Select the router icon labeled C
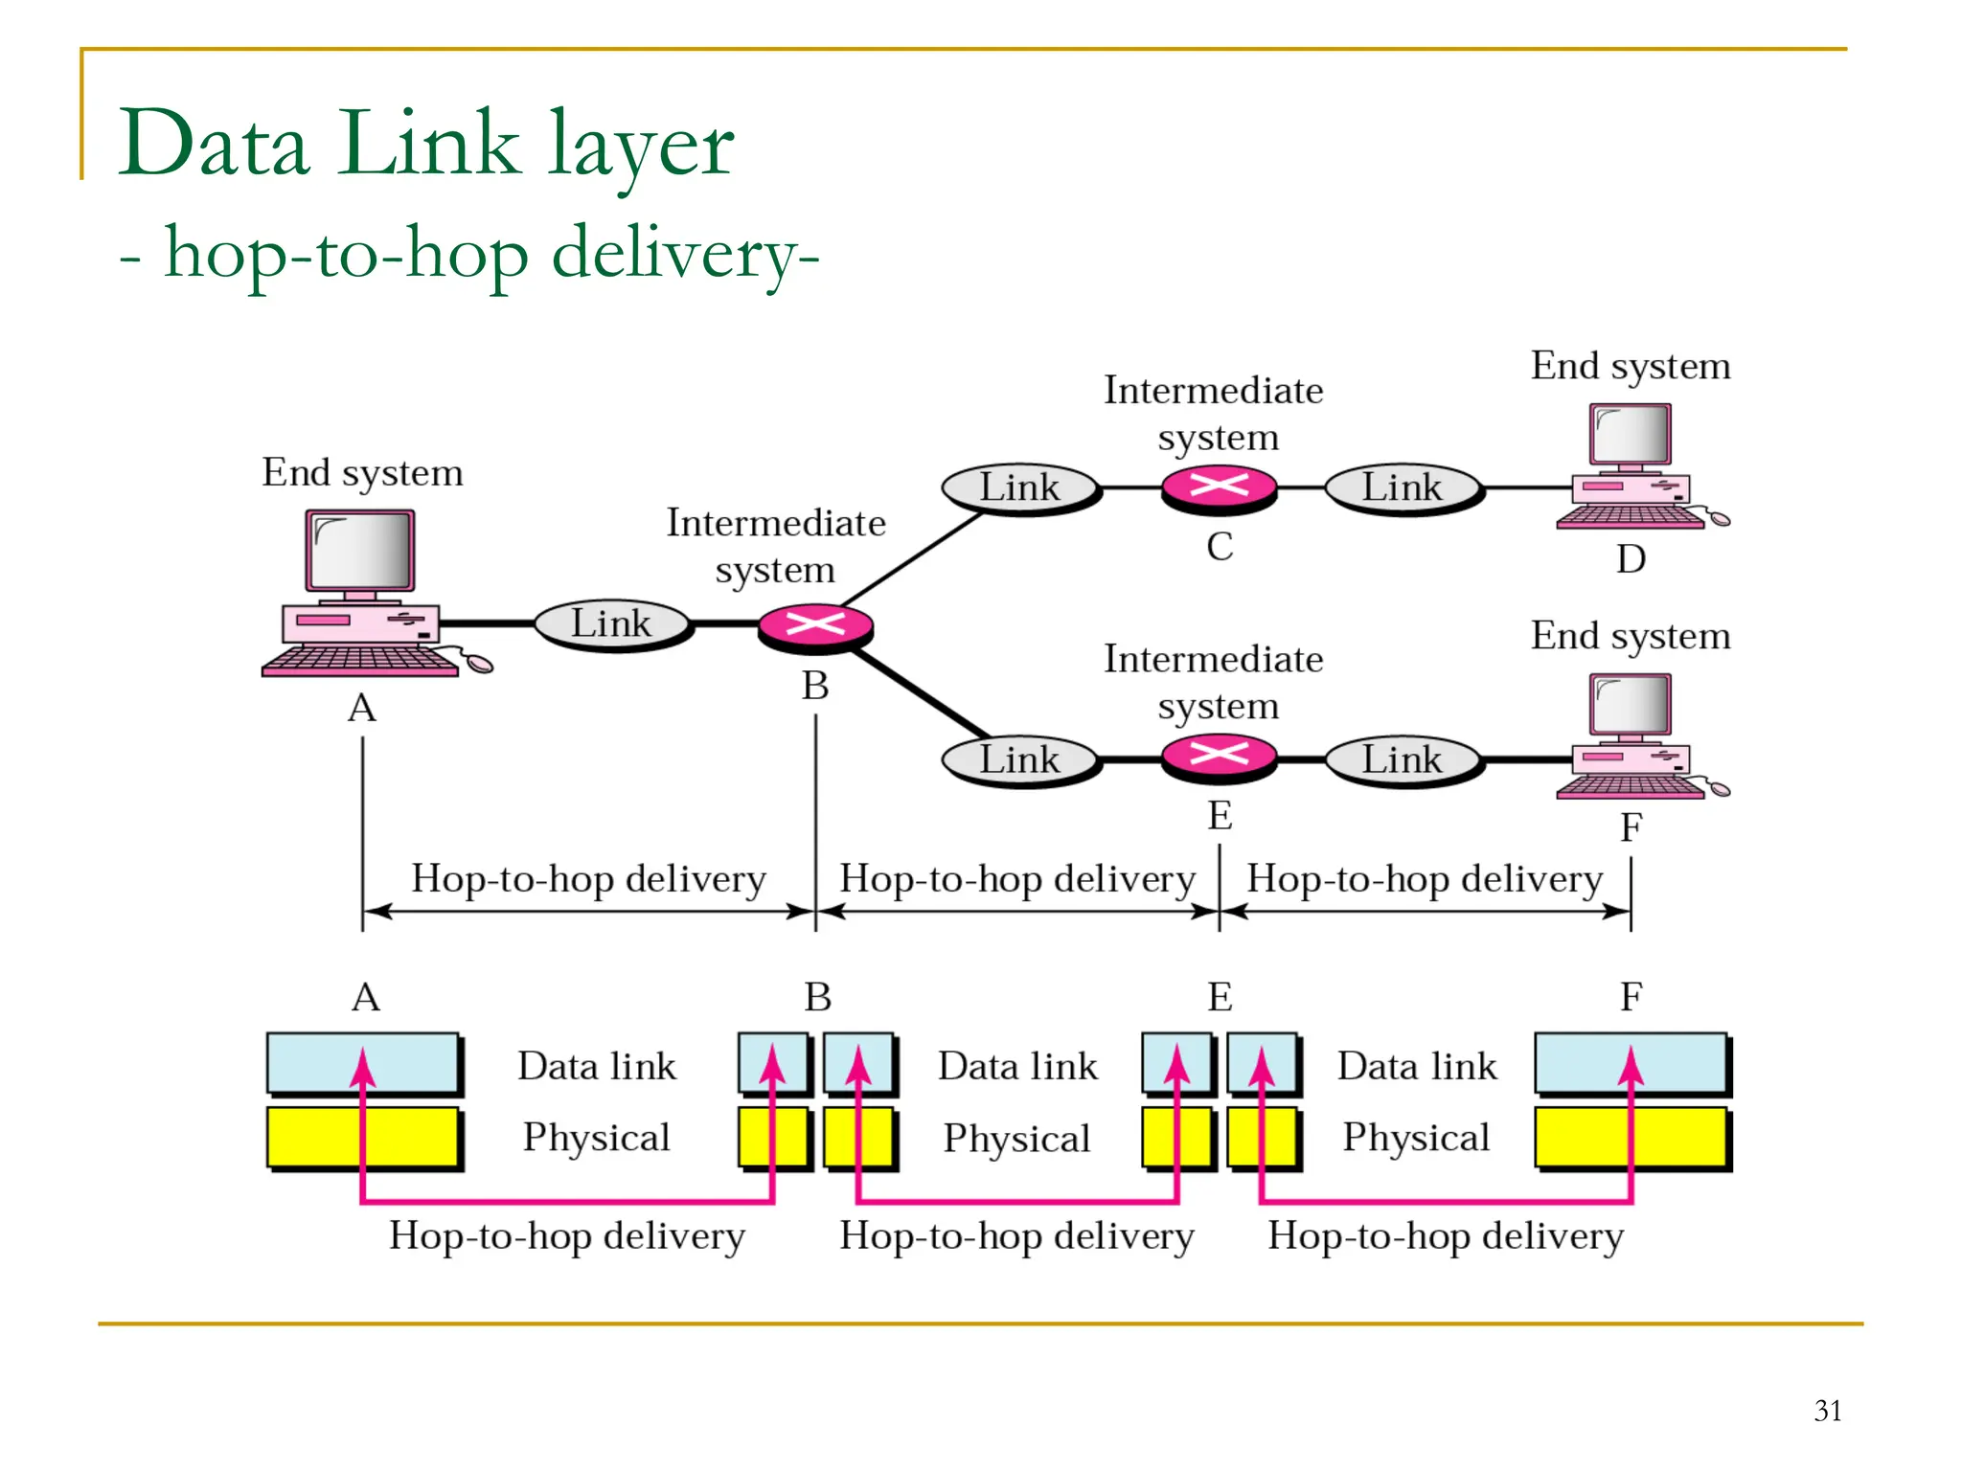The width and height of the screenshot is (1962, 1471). [1219, 487]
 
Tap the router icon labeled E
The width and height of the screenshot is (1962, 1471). [1219, 757]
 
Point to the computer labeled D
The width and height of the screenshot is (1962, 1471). [1632, 466]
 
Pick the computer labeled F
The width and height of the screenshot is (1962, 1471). [1632, 735]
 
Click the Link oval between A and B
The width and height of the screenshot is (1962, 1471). [611, 623]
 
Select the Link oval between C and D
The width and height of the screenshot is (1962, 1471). [1403, 487]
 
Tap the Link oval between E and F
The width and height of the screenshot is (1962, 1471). [1403, 759]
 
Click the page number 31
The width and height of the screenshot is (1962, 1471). [1827, 1411]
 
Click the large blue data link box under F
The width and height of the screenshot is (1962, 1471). [1631, 1063]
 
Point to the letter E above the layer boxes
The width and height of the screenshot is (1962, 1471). [1219, 998]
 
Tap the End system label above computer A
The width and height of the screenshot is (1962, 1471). [362, 473]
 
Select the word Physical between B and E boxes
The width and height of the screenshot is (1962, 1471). [1016, 1139]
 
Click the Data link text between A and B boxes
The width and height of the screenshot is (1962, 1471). [597, 1066]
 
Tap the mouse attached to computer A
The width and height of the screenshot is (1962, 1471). [479, 664]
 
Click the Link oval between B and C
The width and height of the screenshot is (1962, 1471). [1019, 487]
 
